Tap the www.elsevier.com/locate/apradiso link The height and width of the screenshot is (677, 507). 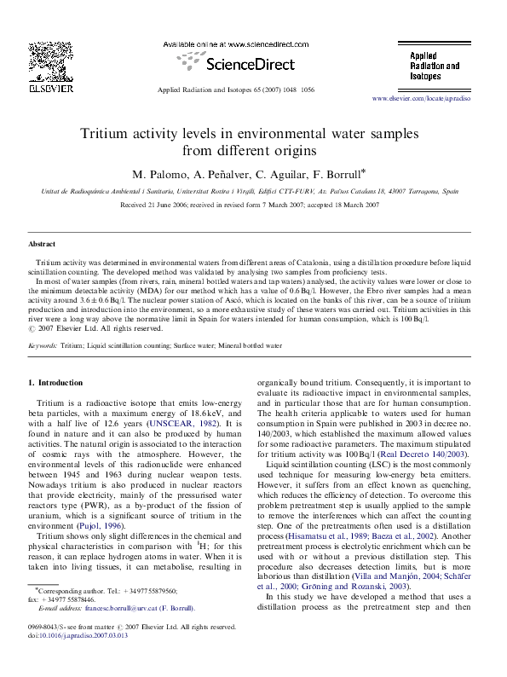coord(433,99)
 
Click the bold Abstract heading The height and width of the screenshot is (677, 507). coord(42,244)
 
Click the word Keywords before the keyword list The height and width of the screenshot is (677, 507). coord(43,347)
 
